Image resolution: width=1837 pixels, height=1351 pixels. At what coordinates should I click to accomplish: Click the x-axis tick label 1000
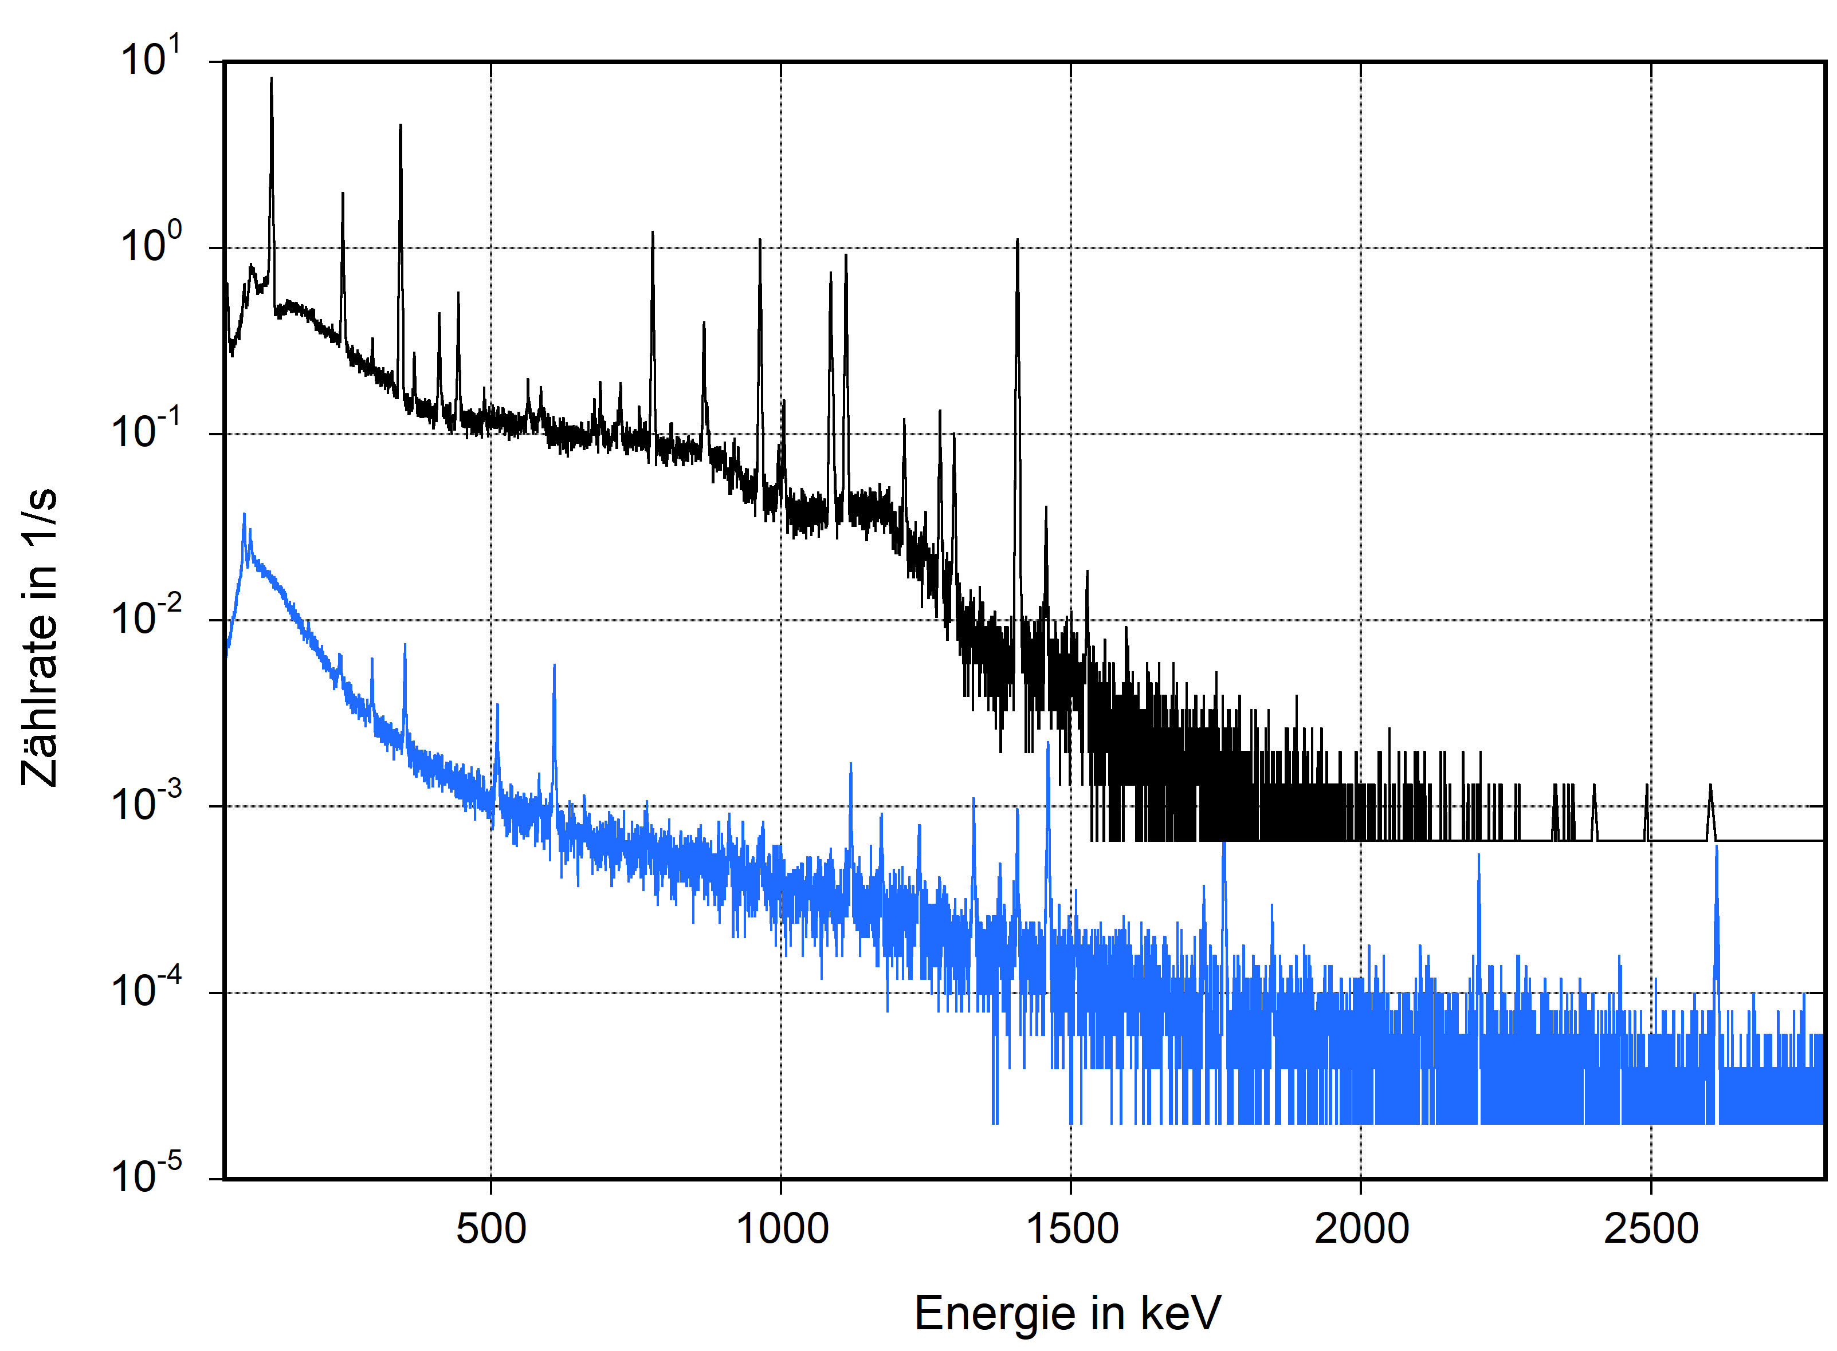[782, 1229]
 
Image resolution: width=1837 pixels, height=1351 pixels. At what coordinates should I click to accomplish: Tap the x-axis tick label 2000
[1361, 1229]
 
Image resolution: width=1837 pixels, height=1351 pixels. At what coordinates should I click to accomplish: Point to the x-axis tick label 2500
[1651, 1229]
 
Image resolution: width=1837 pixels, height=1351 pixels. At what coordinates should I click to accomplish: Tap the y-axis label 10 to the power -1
[146, 430]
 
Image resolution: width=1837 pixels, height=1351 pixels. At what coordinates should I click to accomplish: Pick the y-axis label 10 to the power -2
[146, 617]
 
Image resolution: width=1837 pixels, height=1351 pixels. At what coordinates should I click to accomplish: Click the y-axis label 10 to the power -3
[146, 803]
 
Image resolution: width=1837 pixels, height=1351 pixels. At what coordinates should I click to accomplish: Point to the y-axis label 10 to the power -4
[146, 990]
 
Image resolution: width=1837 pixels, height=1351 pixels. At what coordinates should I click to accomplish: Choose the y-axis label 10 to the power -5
[146, 1176]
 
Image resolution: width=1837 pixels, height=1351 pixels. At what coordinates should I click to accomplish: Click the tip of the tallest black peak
[272, 78]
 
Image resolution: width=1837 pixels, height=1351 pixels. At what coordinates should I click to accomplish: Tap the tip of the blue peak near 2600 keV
[1716, 847]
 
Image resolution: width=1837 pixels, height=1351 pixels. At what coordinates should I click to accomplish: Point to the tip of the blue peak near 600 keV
[554, 665]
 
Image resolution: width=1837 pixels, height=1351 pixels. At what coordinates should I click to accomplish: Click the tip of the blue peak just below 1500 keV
[1048, 743]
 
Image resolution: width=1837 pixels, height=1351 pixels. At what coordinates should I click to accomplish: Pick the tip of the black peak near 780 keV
[652, 233]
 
